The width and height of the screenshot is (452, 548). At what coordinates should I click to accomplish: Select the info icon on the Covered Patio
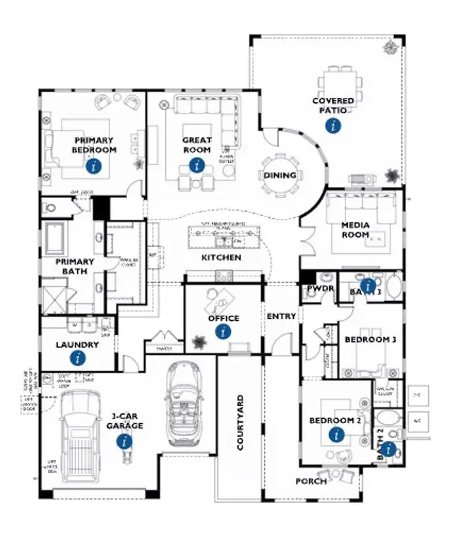coord(333,126)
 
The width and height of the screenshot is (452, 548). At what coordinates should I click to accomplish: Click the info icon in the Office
coord(224,331)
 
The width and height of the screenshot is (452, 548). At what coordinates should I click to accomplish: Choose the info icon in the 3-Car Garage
coord(125,442)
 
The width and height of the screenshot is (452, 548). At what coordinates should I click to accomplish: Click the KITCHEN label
coord(221,257)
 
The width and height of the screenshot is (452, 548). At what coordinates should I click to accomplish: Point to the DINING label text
coord(280,175)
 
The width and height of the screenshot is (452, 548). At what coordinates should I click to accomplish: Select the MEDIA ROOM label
coord(355,230)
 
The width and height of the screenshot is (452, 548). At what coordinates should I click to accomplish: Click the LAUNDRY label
coord(77,345)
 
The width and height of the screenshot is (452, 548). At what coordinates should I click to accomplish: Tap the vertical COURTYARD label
coord(240,422)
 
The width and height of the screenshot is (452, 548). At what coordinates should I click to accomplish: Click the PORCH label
coord(311,481)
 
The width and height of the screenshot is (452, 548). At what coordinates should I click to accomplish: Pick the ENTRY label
coord(281,316)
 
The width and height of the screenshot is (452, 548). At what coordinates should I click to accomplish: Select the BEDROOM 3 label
coord(370,339)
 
